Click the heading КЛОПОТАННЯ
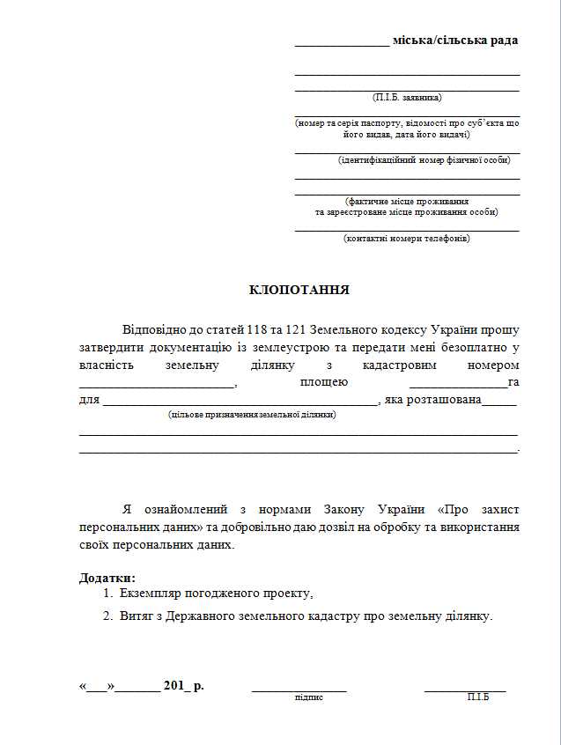click(x=299, y=290)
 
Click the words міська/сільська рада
click(x=454, y=41)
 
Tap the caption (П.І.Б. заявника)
click(x=407, y=97)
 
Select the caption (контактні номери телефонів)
click(x=406, y=238)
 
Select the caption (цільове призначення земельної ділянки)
click(x=252, y=414)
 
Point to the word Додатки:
click(x=107, y=578)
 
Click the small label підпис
click(x=309, y=697)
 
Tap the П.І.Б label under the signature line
click(x=478, y=697)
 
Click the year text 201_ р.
click(x=183, y=685)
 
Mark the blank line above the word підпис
click(x=299, y=690)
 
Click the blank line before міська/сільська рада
click(x=341, y=44)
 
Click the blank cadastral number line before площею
click(x=157, y=387)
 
